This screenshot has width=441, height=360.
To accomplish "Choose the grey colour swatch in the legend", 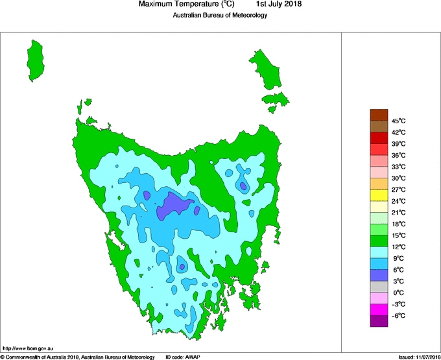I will pyautogui.click(x=379, y=287).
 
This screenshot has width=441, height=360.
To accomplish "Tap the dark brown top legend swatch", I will pyautogui.click(x=379, y=115).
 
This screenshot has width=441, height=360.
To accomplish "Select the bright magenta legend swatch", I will pyautogui.click(x=379, y=309).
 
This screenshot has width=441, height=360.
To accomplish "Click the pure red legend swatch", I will pyautogui.click(x=379, y=138).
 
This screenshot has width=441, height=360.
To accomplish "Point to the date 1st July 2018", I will pyautogui.click(x=279, y=5).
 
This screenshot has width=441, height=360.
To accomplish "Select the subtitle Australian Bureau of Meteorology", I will pyautogui.click(x=220, y=16).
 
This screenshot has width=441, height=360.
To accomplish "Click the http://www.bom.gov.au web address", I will pyautogui.click(x=28, y=348).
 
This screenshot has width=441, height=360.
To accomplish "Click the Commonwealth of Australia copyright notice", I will pyautogui.click(x=78, y=356).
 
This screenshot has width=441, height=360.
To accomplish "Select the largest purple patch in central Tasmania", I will pyautogui.click(x=174, y=206).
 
